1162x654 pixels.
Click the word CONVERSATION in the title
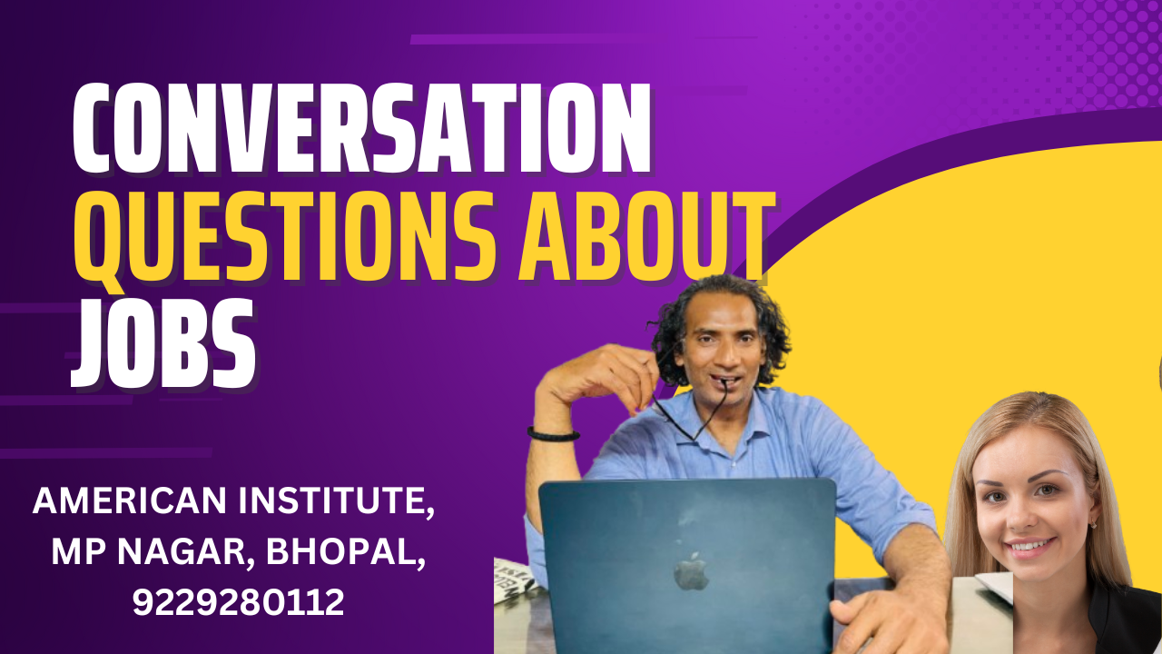click(361, 128)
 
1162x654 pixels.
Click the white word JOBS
click(163, 342)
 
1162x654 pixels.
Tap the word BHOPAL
click(346, 552)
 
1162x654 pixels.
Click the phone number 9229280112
click(239, 602)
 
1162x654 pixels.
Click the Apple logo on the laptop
click(691, 571)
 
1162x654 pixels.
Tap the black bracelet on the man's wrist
click(553, 434)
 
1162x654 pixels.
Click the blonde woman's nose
click(1021, 517)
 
